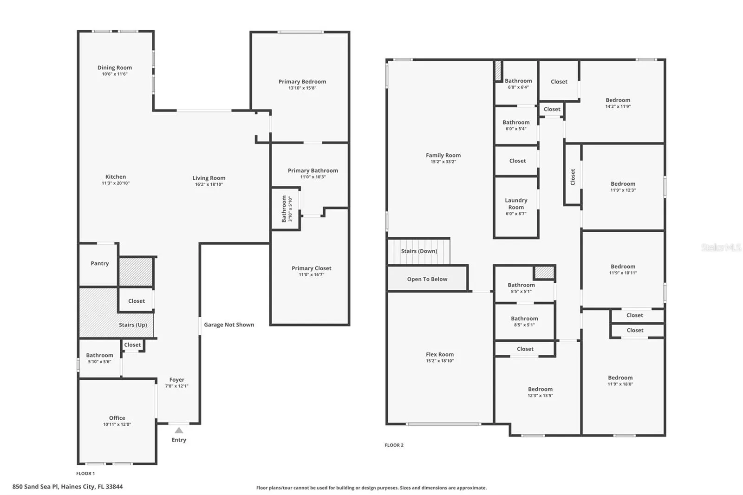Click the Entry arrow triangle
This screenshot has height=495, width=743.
(179, 430)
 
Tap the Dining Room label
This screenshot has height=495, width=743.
(114, 68)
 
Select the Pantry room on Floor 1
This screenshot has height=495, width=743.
(98, 265)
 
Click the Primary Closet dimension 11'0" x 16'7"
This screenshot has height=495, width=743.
(312, 275)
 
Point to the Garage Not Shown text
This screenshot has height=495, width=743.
(229, 325)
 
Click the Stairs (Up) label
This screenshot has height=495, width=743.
(133, 325)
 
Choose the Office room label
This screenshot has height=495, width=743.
(117, 418)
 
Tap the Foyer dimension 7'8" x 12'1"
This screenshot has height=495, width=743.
(177, 386)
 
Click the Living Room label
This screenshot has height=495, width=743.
(209, 178)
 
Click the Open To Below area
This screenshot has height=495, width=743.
(427, 279)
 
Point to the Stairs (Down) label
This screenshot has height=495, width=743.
(419, 251)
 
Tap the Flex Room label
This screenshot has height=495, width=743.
(440, 354)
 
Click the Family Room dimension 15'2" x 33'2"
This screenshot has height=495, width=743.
(443, 162)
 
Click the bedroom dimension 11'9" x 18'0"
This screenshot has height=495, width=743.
(620, 384)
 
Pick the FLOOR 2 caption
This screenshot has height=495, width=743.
(394, 445)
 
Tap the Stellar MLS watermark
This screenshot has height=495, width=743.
(722, 247)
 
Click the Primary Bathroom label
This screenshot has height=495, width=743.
(313, 170)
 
